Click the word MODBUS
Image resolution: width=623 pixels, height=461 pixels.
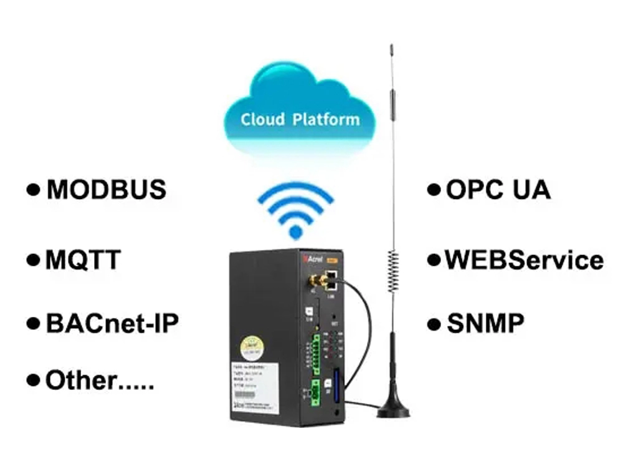click(x=106, y=190)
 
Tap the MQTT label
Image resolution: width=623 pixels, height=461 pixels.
click(x=83, y=260)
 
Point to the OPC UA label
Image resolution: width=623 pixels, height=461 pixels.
click(x=498, y=190)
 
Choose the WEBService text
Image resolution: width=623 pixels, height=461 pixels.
click(x=523, y=260)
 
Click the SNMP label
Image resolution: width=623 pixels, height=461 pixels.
click(x=485, y=324)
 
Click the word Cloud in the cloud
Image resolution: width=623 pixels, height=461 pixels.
click(x=262, y=119)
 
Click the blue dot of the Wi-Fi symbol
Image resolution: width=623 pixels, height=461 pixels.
click(x=296, y=232)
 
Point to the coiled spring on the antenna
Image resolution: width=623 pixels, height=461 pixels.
click(x=392, y=271)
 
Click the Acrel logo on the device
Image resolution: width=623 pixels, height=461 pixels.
click(x=311, y=257)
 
